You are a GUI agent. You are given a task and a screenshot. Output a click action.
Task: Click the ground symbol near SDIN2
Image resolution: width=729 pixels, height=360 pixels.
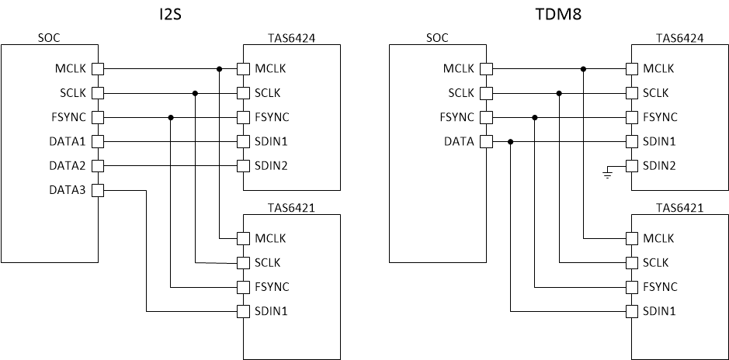click(x=607, y=175)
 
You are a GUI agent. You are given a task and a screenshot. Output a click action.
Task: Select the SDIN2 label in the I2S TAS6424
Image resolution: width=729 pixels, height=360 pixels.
click(x=271, y=166)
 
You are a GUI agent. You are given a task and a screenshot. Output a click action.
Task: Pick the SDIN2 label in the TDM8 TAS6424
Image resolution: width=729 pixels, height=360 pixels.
click(x=659, y=166)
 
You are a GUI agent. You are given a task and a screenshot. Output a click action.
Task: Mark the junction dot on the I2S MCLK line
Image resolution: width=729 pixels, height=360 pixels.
click(x=220, y=69)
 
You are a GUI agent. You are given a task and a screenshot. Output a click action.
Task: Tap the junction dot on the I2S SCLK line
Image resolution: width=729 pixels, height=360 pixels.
click(x=195, y=93)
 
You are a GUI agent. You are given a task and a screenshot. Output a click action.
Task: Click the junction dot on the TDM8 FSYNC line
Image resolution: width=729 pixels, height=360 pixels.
click(x=534, y=118)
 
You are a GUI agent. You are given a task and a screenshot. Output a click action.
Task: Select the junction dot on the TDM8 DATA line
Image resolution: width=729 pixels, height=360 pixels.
click(x=510, y=142)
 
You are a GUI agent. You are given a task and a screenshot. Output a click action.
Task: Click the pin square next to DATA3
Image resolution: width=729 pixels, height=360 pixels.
click(x=98, y=190)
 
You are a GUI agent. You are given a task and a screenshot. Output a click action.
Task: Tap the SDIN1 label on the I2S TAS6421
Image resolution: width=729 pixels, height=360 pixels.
click(x=271, y=312)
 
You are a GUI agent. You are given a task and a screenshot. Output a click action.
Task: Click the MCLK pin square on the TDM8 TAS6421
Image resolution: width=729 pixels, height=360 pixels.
click(x=632, y=237)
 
